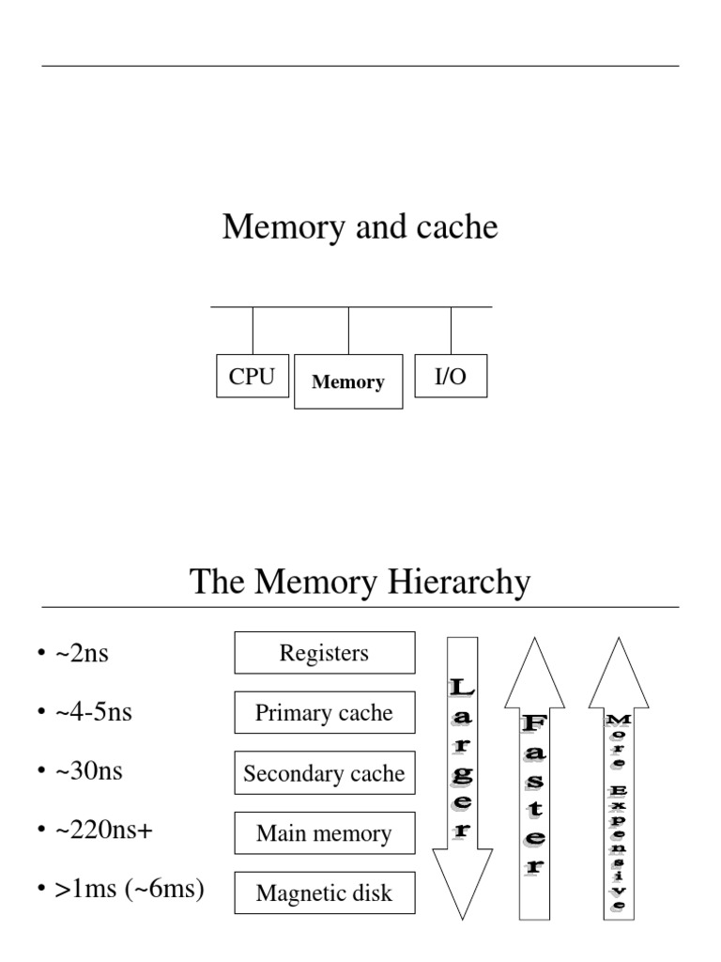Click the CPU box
[253, 376]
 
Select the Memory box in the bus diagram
[348, 381]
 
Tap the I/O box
[451, 376]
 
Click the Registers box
[324, 653]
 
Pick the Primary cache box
[324, 713]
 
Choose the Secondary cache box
[324, 773]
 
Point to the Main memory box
[324, 833]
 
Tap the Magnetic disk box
[324, 893]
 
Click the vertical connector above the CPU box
[253, 330]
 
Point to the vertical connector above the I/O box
[451, 330]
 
